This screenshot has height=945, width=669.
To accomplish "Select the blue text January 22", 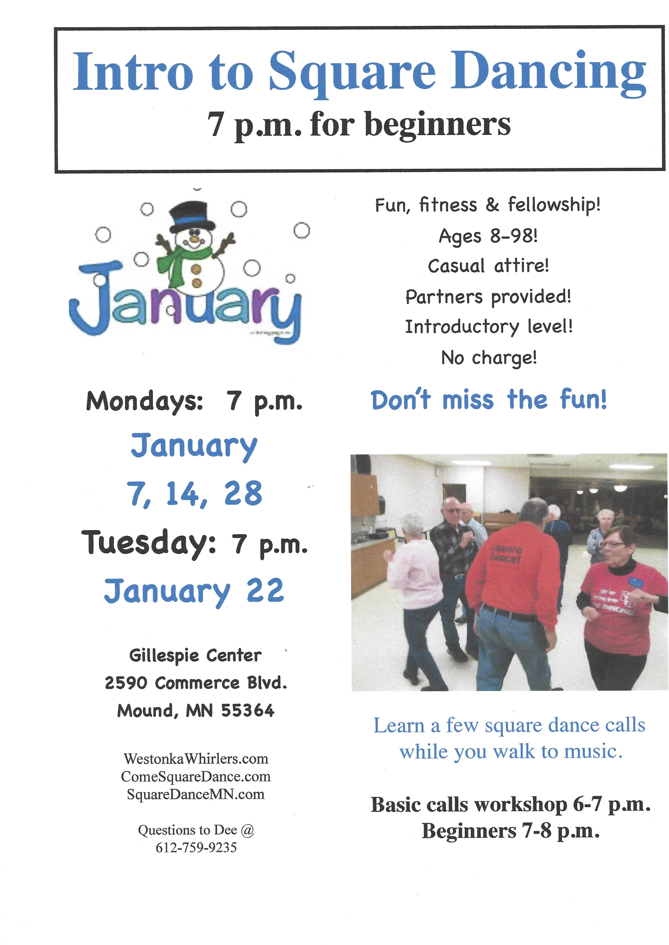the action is [194, 591].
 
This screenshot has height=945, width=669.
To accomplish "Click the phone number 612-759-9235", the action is [196, 847].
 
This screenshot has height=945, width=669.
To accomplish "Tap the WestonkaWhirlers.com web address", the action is [196, 758].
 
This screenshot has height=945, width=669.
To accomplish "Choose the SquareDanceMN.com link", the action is [196, 794].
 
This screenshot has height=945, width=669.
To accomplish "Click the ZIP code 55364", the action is [248, 710].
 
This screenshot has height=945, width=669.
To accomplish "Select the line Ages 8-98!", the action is [488, 236].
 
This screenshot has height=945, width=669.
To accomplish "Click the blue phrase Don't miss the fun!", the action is [489, 400].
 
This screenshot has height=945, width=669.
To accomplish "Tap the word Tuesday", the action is [148, 543].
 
